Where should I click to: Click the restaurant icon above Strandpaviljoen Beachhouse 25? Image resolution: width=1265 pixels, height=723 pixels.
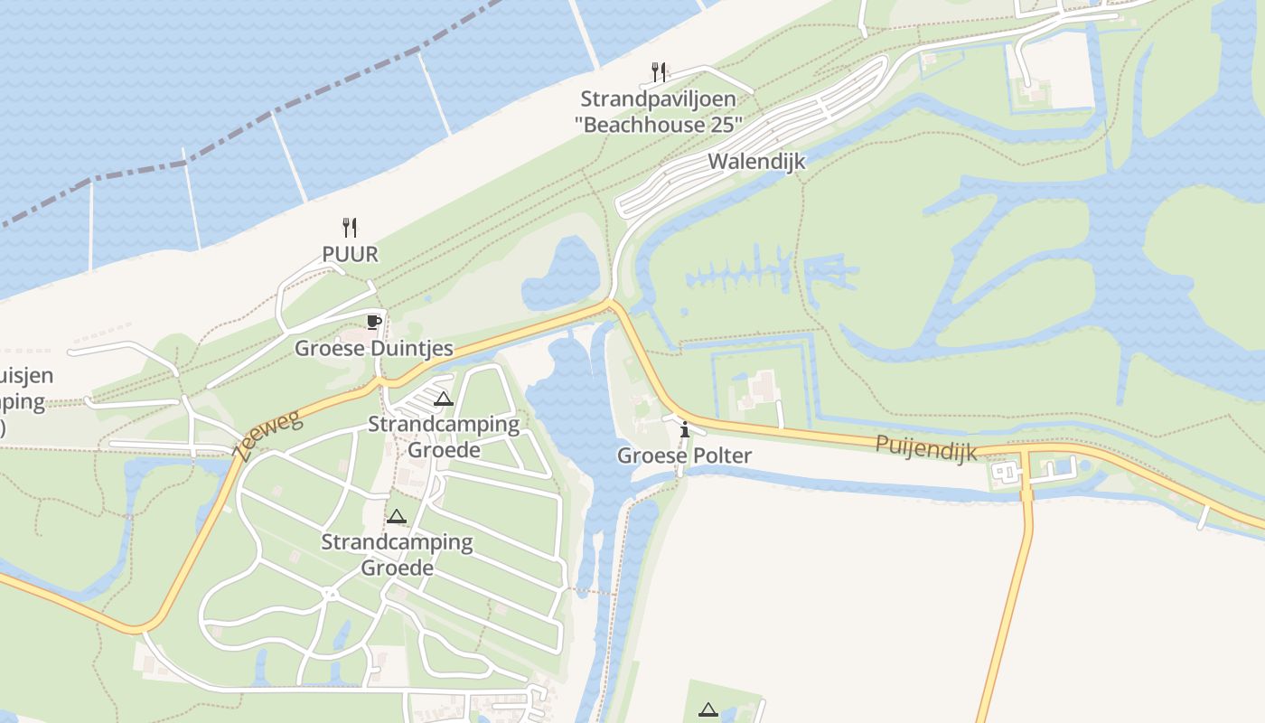[659, 71]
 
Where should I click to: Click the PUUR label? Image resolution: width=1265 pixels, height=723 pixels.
[350, 255]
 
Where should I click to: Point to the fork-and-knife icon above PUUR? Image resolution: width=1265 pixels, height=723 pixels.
[350, 227]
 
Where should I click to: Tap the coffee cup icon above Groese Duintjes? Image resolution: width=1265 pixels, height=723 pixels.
[373, 322]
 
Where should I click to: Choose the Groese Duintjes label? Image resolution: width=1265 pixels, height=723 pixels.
[373, 349]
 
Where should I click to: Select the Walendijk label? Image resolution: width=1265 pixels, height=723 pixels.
[755, 162]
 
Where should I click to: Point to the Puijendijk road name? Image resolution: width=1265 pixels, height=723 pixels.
[925, 446]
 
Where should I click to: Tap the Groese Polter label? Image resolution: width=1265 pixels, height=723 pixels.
[684, 455]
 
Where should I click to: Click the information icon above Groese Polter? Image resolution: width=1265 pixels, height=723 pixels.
[685, 428]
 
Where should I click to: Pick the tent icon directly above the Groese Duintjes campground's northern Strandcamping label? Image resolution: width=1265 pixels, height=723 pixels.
[443, 399]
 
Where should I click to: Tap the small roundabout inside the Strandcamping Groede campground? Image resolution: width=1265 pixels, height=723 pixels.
[330, 594]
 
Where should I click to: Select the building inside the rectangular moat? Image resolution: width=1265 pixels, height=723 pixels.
[762, 389]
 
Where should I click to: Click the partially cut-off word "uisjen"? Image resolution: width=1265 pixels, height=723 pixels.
[27, 376]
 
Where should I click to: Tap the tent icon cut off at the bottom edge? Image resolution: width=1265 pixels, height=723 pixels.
[707, 711]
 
